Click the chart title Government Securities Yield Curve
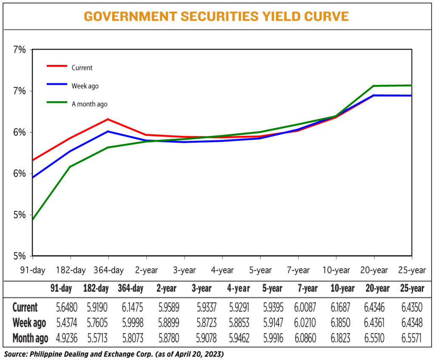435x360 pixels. tap(216, 16)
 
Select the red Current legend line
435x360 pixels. tap(56, 66)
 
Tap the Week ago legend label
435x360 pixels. tap(85, 86)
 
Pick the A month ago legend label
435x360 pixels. tap(89, 104)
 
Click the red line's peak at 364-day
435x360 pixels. tap(108, 119)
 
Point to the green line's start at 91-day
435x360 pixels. tap(33, 220)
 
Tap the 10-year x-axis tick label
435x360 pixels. tap(336, 270)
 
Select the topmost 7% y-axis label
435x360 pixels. tap(19, 50)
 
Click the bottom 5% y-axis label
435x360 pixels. tap(19, 256)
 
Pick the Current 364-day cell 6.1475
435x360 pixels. tap(130, 307)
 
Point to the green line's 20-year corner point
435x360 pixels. tap(373, 86)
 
